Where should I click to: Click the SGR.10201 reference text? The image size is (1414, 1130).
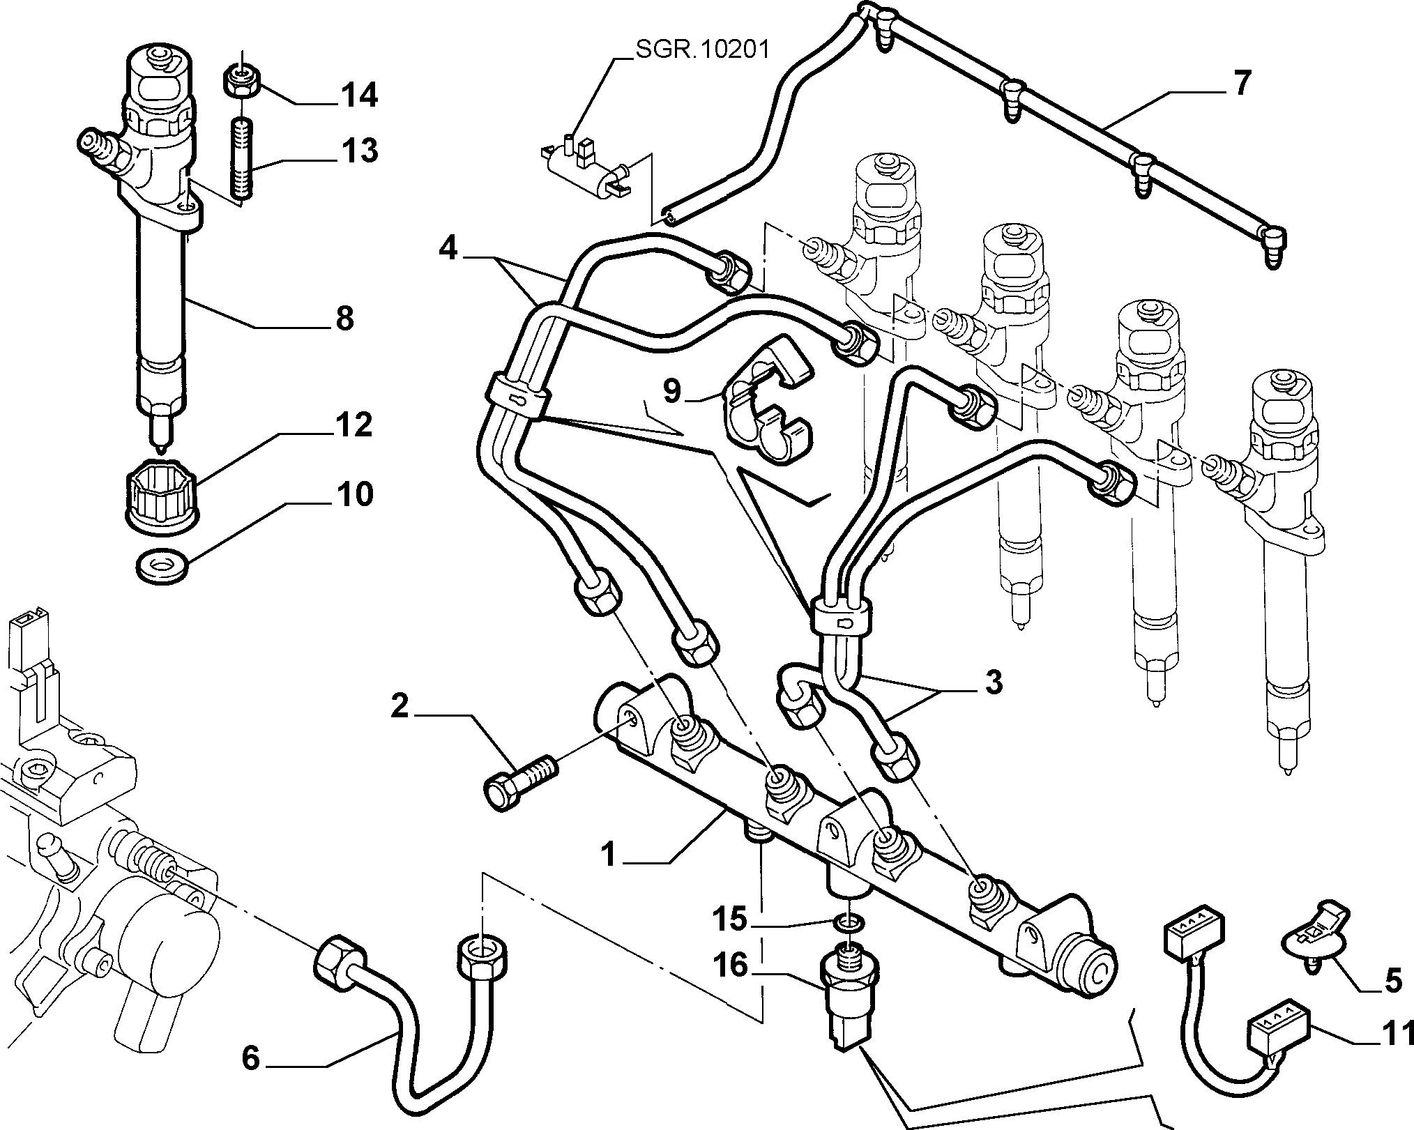(701, 50)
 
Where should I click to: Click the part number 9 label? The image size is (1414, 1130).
(671, 390)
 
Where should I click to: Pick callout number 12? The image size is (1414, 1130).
(353, 425)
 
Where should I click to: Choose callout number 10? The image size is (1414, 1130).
(354, 494)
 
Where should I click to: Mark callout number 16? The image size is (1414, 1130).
(730, 965)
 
